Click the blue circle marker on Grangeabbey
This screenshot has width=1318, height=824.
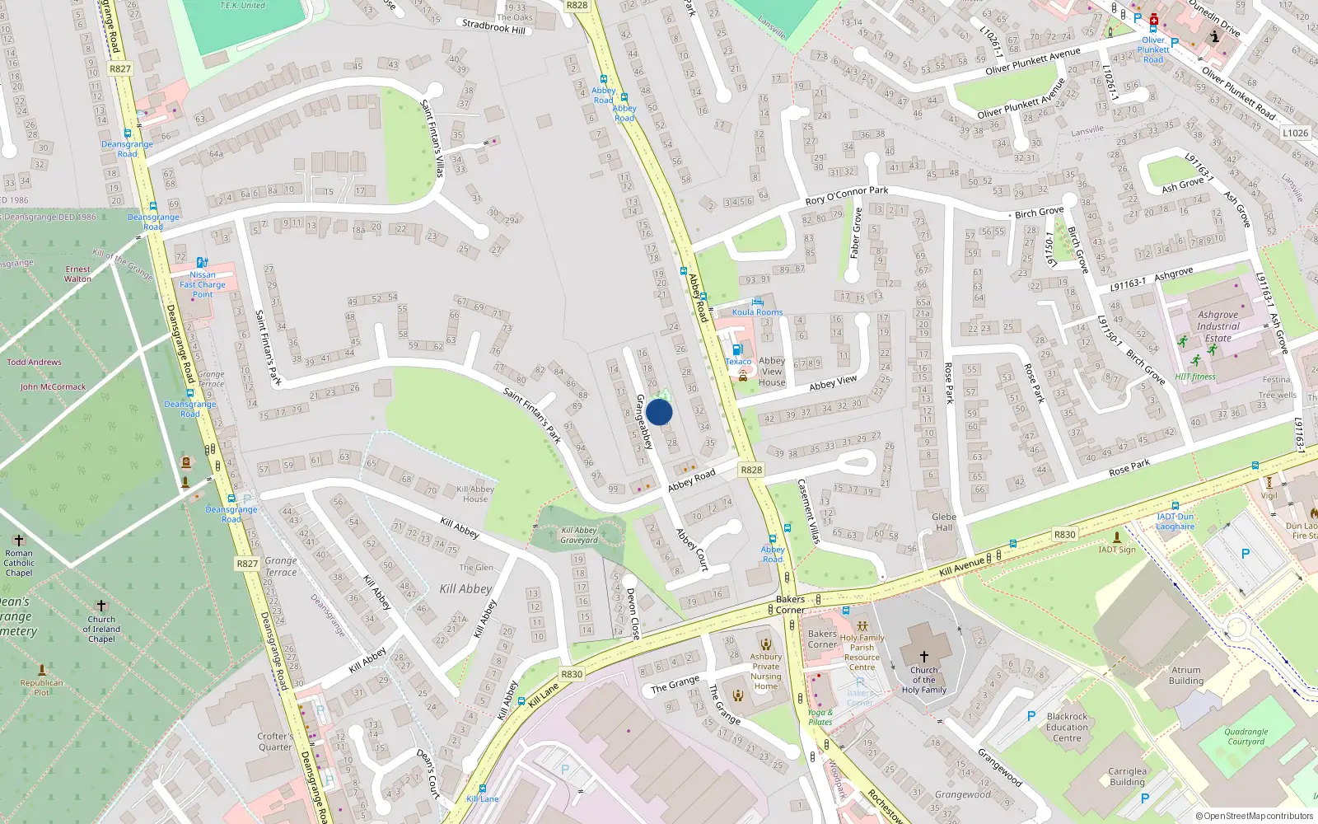coord(659,412)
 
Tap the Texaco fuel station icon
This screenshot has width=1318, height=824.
coord(737,349)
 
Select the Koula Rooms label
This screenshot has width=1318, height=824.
coord(757,312)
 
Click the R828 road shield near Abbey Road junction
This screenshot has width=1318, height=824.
coord(750,470)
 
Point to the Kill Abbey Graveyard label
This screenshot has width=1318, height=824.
coord(579,536)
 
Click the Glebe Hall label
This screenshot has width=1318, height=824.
coord(944,522)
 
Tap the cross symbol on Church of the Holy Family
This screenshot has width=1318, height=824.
coord(923,657)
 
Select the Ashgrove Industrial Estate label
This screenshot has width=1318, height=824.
coord(1218,326)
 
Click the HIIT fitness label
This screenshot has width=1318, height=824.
coord(1195,377)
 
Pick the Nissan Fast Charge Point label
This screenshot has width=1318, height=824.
coord(203,284)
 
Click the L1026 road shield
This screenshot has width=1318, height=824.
coord(1295,133)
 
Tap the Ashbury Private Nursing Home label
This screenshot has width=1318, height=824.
coord(765,672)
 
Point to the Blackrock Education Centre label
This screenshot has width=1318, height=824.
coord(1067,727)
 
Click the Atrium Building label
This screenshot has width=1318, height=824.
coord(1186,676)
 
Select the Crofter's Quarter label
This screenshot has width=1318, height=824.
coord(275,742)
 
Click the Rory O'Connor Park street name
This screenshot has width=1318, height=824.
coord(847,196)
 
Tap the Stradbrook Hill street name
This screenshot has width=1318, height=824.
coord(493,26)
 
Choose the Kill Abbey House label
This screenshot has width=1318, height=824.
coord(475,494)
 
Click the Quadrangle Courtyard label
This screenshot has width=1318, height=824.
coord(1246,737)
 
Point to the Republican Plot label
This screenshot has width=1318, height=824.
coord(41,687)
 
